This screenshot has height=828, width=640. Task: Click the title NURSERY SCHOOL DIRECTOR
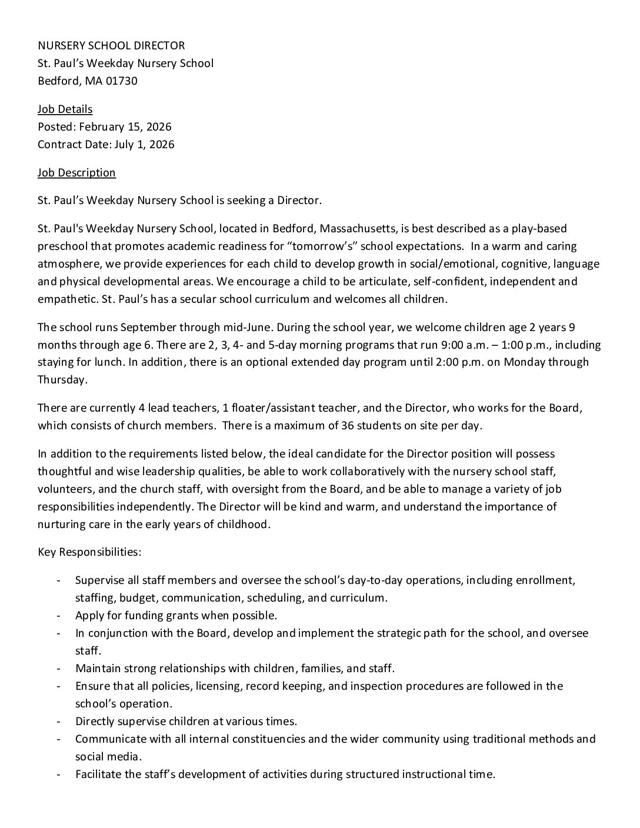point(111,45)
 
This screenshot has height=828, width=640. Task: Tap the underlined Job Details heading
point(65,109)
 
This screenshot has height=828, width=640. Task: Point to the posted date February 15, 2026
point(125,126)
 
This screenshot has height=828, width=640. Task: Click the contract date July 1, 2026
point(144,144)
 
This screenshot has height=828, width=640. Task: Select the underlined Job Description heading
point(76,172)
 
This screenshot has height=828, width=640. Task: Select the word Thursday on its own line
point(61,380)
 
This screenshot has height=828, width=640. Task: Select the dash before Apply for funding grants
point(58,616)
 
